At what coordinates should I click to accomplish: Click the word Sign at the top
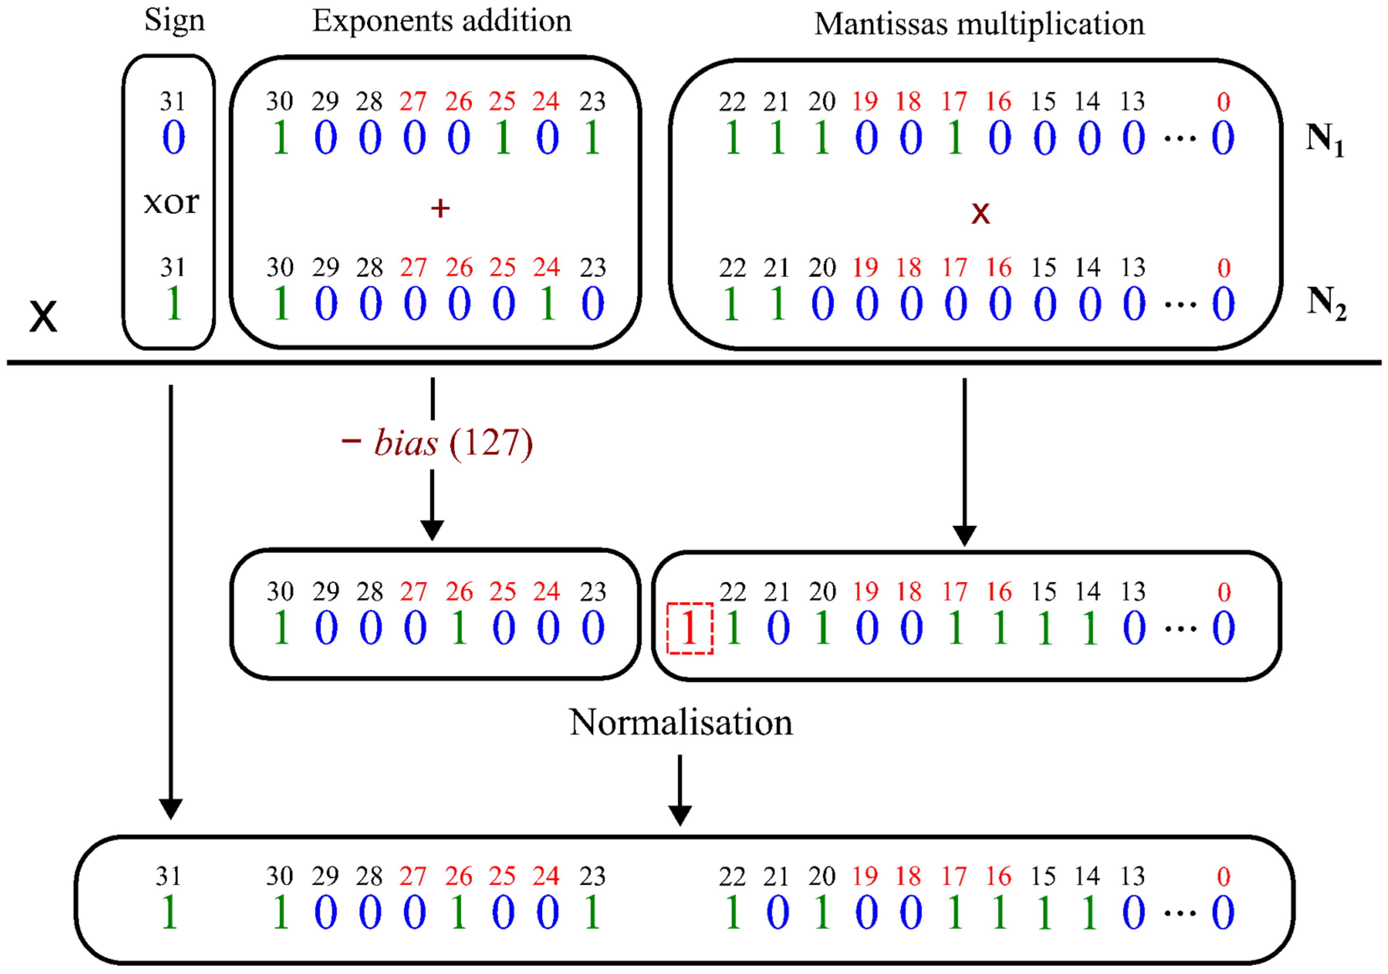[174, 21]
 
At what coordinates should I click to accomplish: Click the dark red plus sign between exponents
[440, 209]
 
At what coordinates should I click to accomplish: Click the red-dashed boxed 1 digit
[689, 629]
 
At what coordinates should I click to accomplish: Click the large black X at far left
[43, 317]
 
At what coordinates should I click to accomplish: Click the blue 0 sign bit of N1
[173, 138]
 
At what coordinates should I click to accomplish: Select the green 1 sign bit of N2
[173, 303]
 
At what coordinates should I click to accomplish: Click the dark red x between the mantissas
[980, 213]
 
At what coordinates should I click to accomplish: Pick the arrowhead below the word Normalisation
[680, 815]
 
